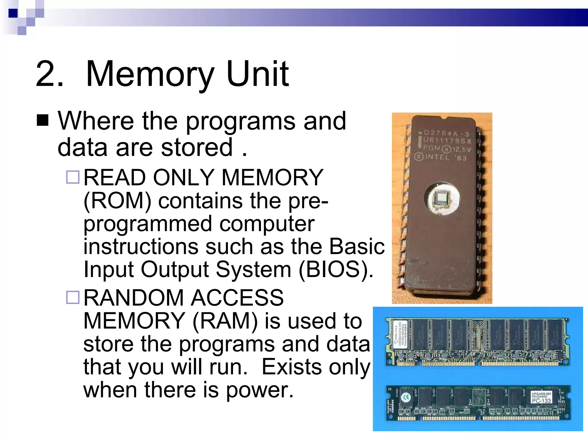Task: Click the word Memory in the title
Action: tap(150, 74)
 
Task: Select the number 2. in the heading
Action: tap(49, 74)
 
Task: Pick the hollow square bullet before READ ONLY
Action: tap(73, 177)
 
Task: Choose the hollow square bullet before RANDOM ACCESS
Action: tap(73, 297)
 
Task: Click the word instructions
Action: tap(141, 247)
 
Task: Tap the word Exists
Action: tap(291, 367)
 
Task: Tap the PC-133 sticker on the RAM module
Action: tap(541, 401)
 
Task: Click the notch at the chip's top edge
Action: tap(442, 117)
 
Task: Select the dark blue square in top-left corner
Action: tap(13, 13)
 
